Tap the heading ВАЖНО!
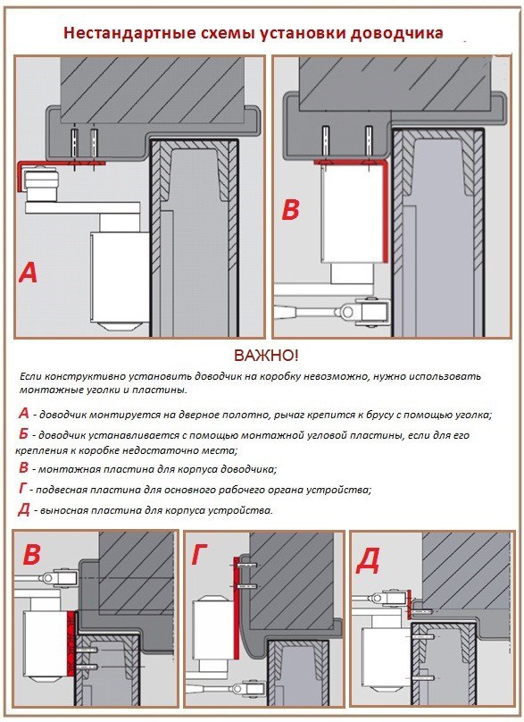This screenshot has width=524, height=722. coord(266,356)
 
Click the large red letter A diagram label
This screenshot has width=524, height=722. coord(28,273)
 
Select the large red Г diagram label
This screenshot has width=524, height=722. coord(200,554)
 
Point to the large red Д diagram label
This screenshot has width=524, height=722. coord(368,560)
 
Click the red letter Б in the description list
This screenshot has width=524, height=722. coord(24,433)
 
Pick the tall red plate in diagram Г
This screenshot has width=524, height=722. coord(237,609)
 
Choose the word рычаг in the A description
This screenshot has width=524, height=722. coord(287,416)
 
